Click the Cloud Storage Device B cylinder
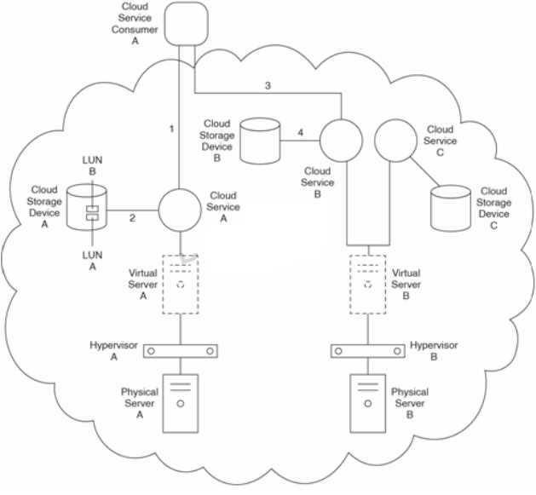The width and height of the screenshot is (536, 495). (x=260, y=141)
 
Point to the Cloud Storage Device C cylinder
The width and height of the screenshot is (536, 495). (x=450, y=209)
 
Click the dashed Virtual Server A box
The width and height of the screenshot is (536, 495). (x=181, y=284)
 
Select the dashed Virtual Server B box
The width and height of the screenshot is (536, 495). (x=368, y=284)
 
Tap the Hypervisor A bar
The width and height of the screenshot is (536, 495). (x=181, y=350)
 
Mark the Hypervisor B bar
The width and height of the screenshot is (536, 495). (x=367, y=350)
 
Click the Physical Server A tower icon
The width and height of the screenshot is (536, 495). (x=181, y=403)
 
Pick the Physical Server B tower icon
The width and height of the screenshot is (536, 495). (x=368, y=403)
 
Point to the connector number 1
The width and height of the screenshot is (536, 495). (x=171, y=129)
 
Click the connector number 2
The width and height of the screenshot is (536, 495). (x=133, y=219)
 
